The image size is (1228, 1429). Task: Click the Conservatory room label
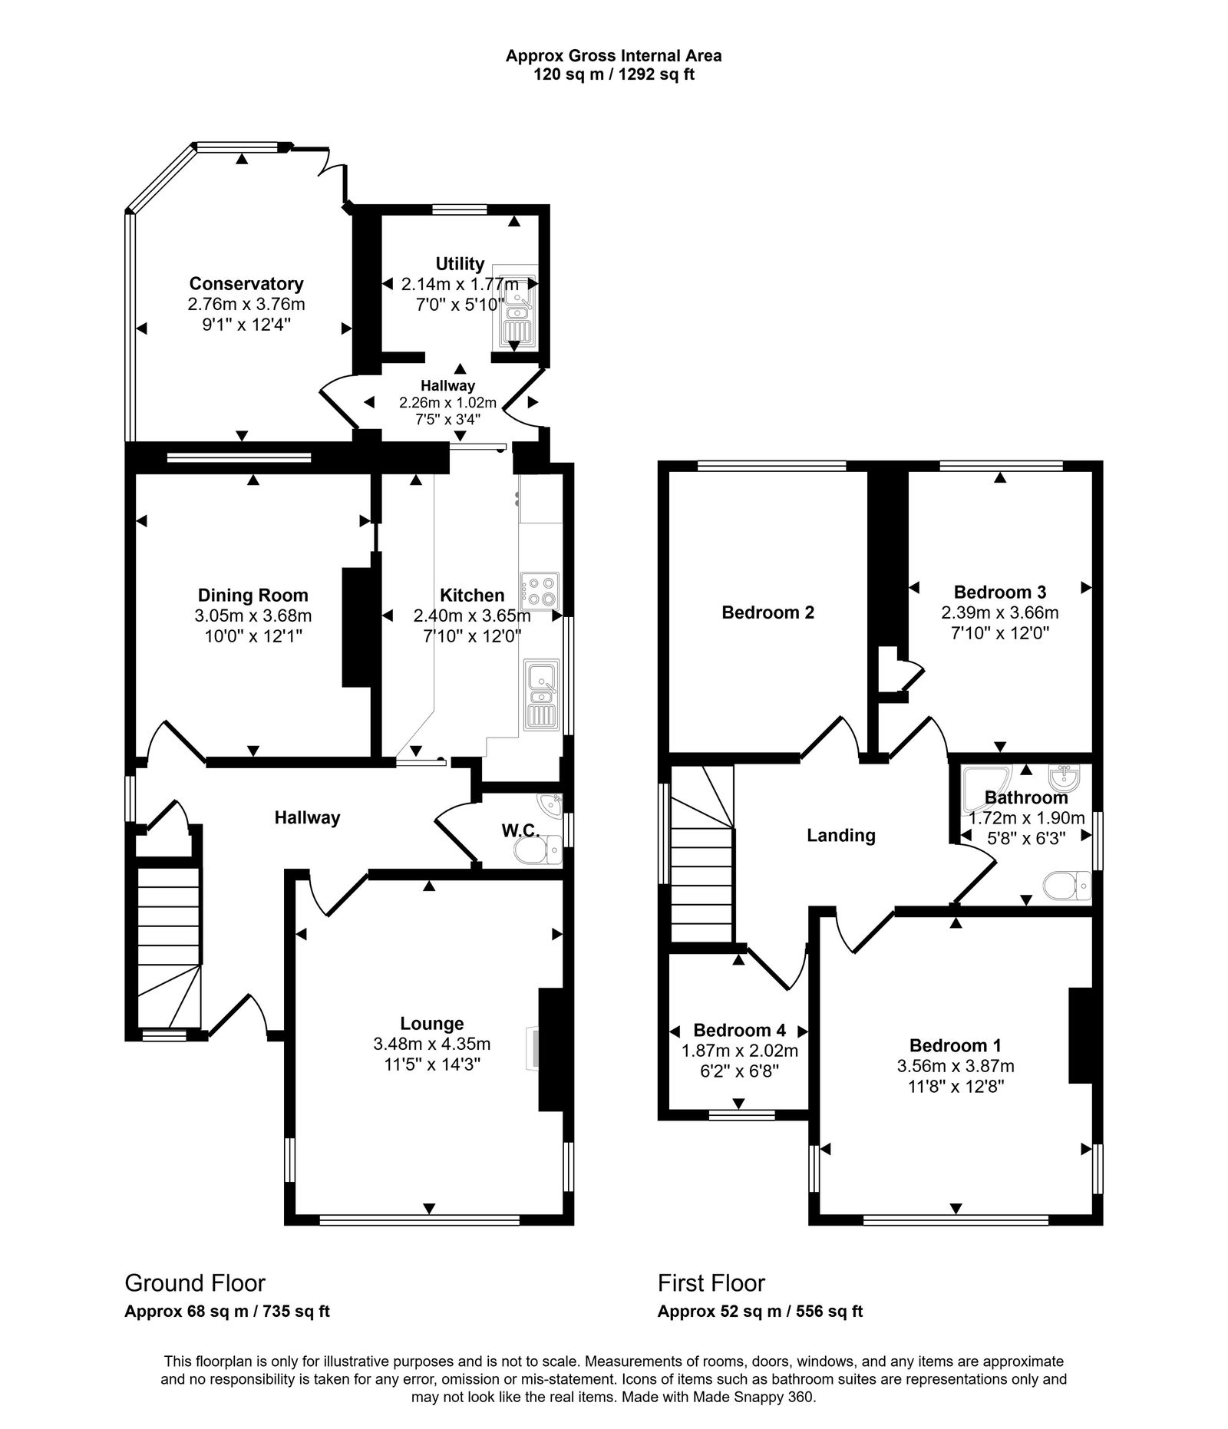(246, 284)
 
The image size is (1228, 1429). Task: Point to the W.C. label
(521, 830)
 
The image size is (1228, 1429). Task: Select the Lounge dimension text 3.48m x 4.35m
(431, 1044)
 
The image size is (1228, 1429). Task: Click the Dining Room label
(253, 595)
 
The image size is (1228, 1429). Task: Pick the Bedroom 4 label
(738, 1030)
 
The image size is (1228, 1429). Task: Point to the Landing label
(840, 835)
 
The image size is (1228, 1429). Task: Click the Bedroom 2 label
(767, 612)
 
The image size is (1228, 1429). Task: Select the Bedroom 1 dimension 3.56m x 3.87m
(955, 1066)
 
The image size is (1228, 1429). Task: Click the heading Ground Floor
(195, 1283)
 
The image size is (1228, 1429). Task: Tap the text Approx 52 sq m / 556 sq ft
(760, 1312)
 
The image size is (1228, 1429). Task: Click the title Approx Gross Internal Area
(613, 55)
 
